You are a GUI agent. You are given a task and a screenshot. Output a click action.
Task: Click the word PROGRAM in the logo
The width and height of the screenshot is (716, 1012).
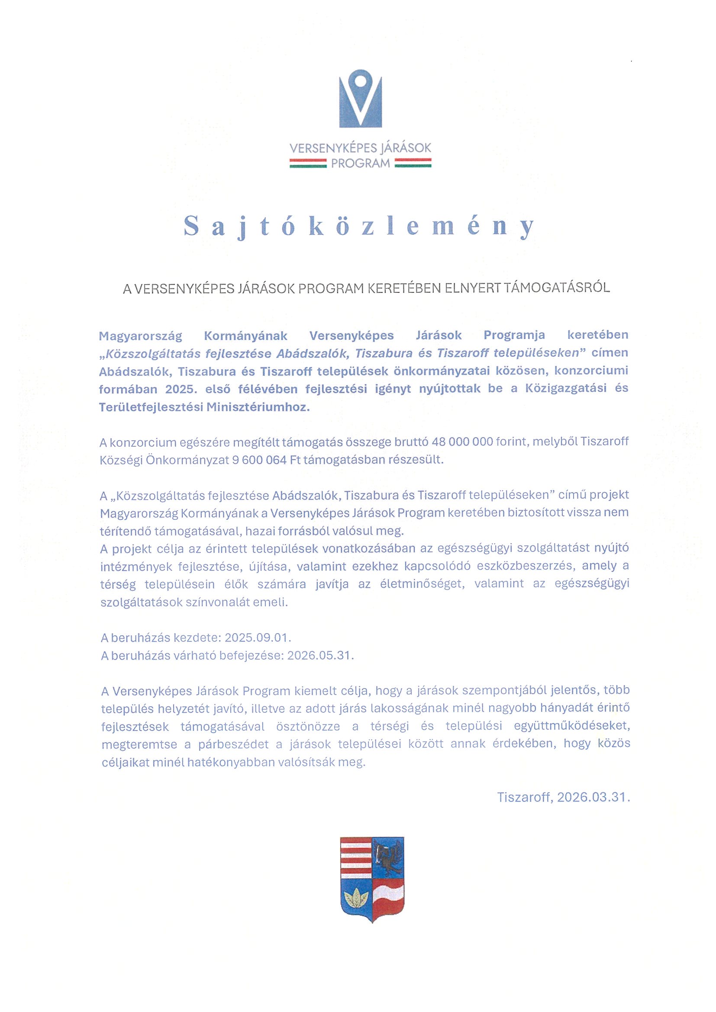coord(361,163)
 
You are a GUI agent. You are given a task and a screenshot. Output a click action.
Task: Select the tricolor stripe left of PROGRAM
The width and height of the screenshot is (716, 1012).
coord(307,164)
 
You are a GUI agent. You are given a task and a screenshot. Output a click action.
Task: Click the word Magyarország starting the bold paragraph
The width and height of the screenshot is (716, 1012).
coord(141,336)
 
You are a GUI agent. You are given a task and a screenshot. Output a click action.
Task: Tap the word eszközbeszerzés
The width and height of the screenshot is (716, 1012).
coord(513,567)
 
